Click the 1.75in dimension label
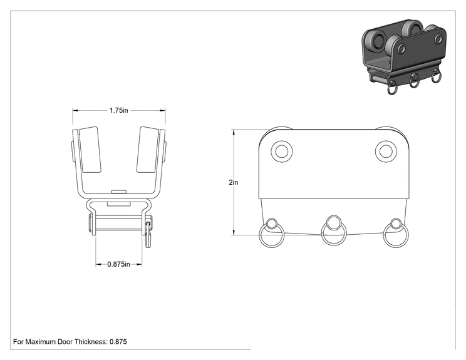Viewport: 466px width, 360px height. click(118, 110)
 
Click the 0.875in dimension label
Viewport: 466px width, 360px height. click(118, 264)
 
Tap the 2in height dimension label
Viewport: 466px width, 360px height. click(233, 182)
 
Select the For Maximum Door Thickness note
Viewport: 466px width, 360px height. click(70, 342)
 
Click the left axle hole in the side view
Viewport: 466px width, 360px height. click(282, 151)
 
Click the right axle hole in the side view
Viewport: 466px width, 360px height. click(386, 151)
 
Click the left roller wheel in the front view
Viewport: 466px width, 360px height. click(90, 150)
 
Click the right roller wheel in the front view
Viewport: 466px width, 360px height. click(148, 150)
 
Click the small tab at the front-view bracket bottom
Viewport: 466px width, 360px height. click(118, 192)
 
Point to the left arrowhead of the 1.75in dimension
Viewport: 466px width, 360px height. click(75, 110)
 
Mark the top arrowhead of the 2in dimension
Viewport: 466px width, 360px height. click(234, 131)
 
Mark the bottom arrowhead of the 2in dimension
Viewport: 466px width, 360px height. click(234, 232)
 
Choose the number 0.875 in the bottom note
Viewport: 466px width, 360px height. click(118, 342)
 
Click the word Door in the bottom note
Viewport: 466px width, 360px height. click(65, 342)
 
